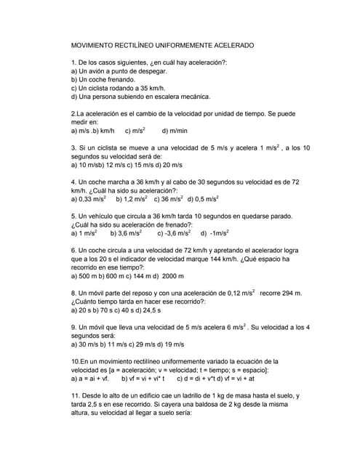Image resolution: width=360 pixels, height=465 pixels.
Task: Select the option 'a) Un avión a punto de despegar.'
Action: [x=119, y=71]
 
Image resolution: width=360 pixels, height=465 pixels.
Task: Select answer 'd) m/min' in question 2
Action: [x=175, y=131]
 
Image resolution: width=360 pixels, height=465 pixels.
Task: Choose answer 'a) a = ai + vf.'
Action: [x=90, y=379]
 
